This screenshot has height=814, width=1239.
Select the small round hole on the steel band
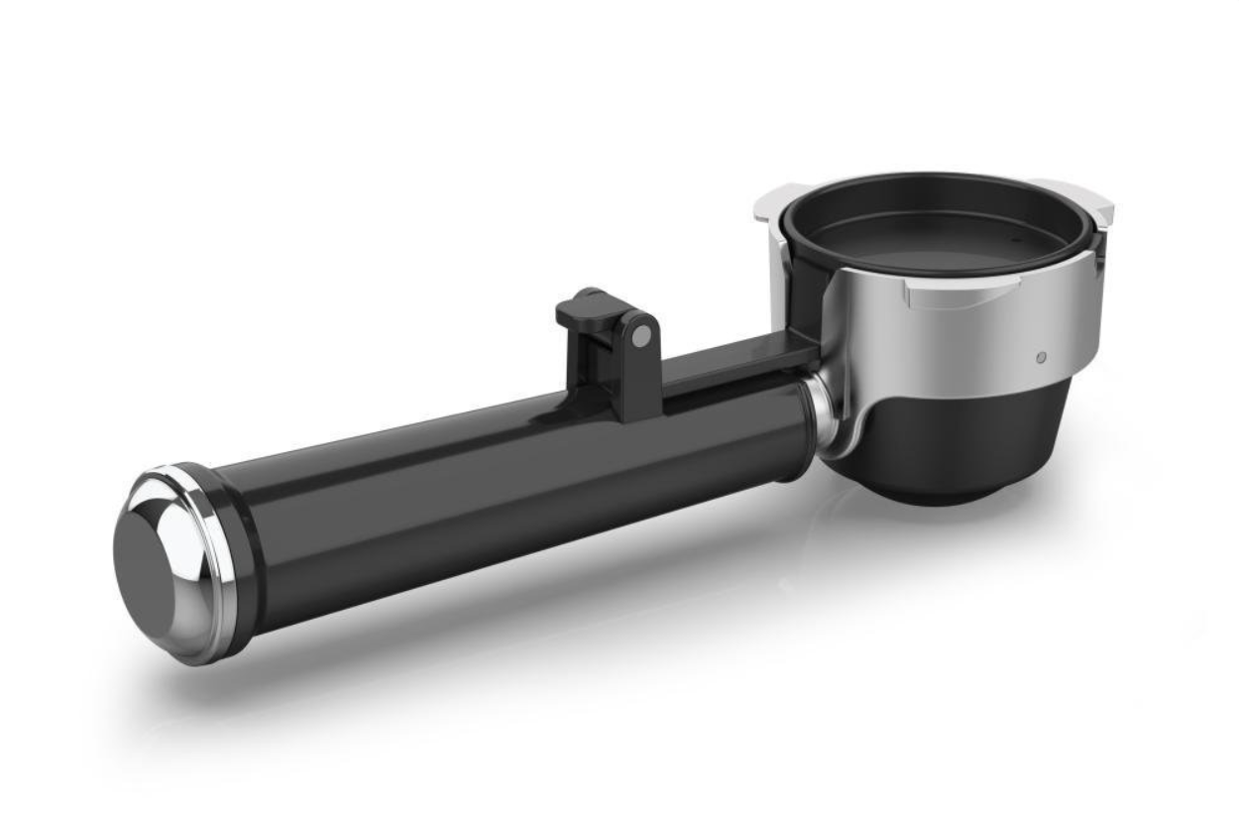pos(1038,355)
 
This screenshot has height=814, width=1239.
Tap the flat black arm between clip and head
pos(733,362)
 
